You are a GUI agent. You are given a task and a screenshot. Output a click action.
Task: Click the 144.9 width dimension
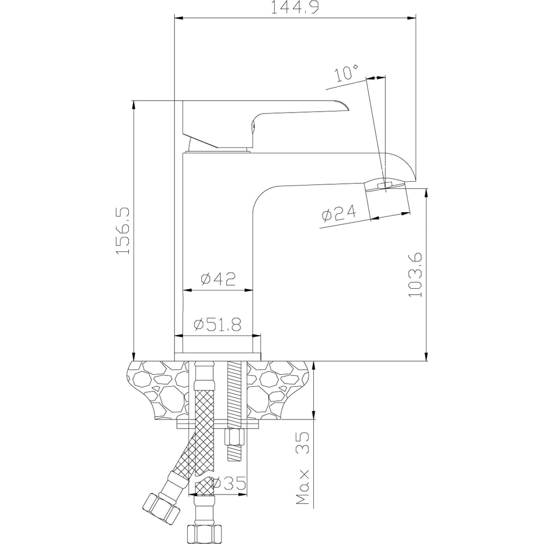[294, 7]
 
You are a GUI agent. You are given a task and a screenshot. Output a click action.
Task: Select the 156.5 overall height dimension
[123, 231]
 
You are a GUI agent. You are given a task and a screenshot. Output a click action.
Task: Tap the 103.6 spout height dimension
[415, 274]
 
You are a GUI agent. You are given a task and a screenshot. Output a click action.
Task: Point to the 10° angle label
[347, 73]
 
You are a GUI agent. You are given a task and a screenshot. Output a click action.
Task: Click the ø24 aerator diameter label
[338, 213]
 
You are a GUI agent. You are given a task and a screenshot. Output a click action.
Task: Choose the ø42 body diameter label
[218, 278]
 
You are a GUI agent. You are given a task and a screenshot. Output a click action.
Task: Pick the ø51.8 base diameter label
[218, 325]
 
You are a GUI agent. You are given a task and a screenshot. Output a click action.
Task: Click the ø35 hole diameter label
[229, 483]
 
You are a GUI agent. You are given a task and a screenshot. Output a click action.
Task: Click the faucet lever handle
[264, 123]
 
